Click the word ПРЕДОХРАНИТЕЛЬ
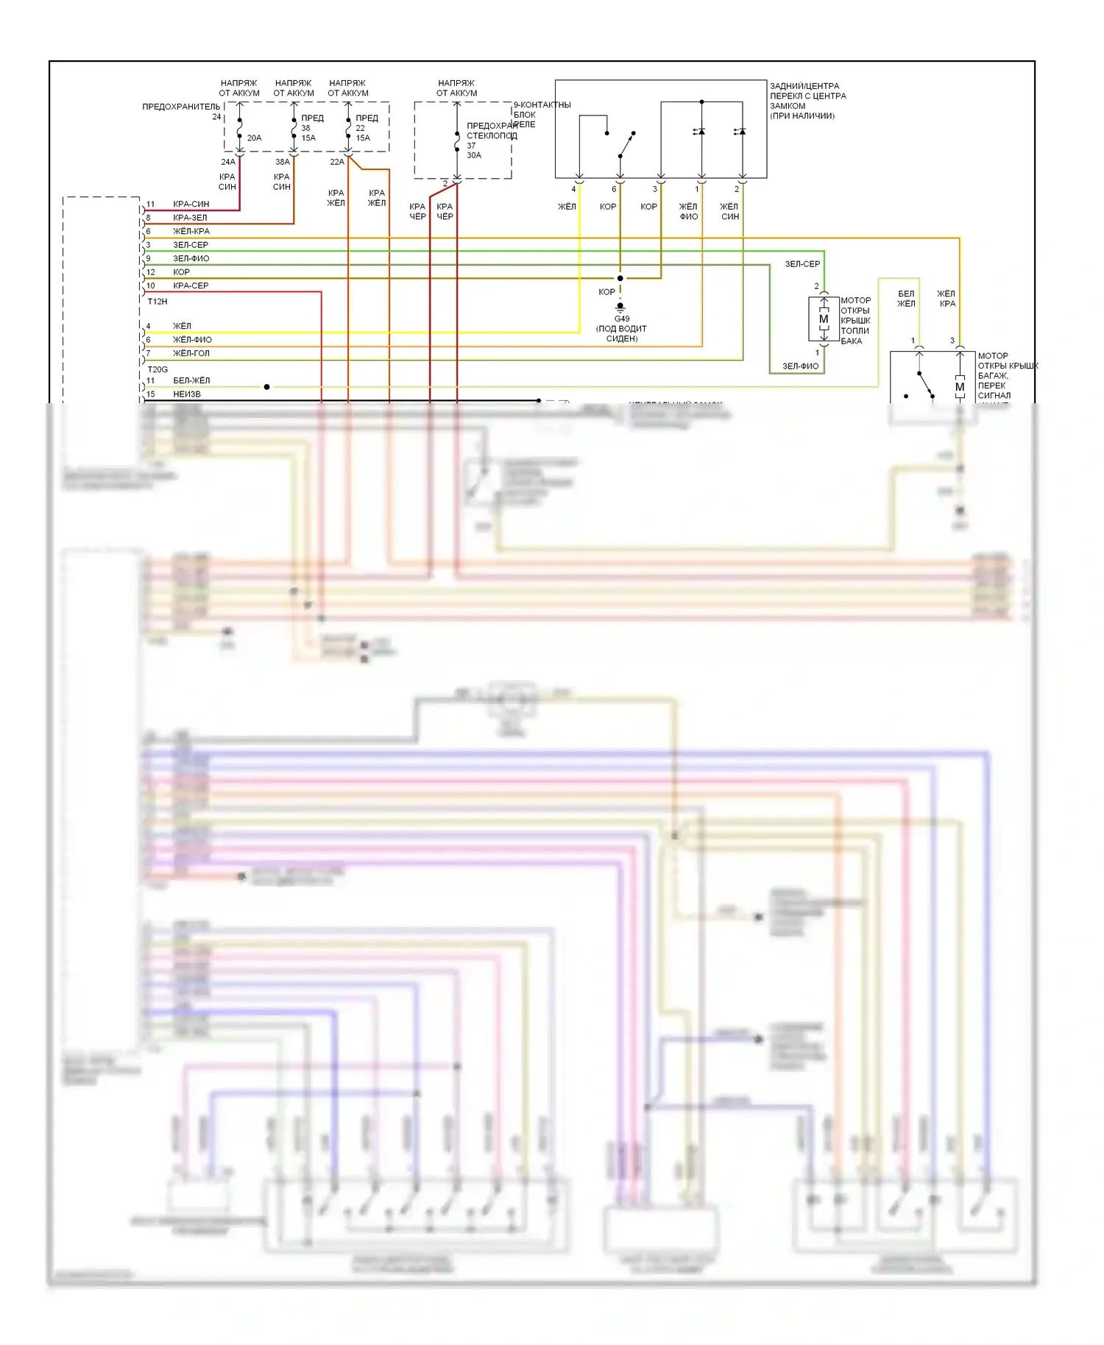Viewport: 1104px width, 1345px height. [181, 107]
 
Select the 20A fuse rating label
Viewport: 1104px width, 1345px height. [254, 138]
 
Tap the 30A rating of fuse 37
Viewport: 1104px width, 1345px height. [474, 155]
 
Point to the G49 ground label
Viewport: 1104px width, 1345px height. [622, 319]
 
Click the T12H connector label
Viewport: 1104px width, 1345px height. [158, 302]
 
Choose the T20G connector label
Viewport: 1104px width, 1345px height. [158, 369]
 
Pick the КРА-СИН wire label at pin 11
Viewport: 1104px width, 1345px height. [191, 204]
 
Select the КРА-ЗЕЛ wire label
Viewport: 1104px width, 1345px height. [190, 218]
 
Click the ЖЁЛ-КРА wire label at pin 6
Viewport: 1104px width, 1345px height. [191, 231]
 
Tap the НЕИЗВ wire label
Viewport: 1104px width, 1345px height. [187, 394]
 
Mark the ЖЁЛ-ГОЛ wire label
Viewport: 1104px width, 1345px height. [191, 353]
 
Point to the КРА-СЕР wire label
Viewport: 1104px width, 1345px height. [191, 285]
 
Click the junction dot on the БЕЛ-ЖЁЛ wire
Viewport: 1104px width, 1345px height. [266, 386]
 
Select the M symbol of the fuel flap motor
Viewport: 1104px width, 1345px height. [824, 319]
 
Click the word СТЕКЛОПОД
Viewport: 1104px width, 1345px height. [492, 135]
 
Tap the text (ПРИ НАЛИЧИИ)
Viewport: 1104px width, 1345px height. [802, 116]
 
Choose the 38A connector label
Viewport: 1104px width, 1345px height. [283, 162]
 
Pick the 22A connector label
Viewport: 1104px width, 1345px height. [337, 162]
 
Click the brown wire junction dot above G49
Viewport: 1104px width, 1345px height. [620, 278]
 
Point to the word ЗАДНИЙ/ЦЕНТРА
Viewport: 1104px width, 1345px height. [804, 86]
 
